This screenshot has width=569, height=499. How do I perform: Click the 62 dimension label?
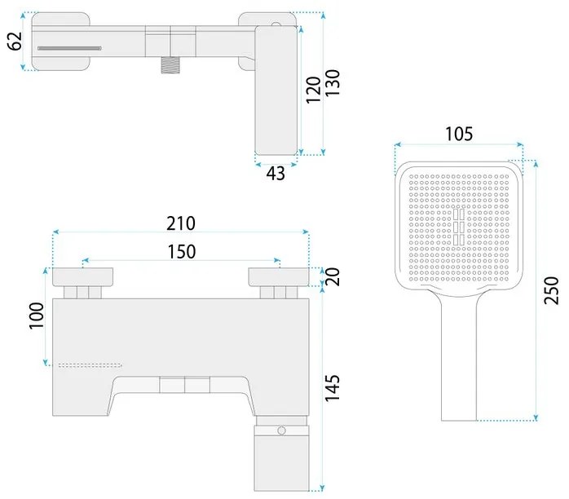(14, 41)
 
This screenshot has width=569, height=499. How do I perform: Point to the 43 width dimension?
(276, 172)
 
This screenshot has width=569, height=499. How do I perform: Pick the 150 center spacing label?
(181, 252)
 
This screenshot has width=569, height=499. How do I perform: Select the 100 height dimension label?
(36, 315)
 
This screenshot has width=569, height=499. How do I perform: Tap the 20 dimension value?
(333, 277)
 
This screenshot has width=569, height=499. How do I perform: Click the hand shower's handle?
(457, 359)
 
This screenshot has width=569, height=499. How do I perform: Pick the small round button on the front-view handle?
(281, 430)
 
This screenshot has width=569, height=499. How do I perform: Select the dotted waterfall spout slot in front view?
(90, 363)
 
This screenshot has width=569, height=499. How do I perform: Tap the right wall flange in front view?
(280, 276)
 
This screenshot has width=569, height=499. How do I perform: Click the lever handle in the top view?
(278, 90)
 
